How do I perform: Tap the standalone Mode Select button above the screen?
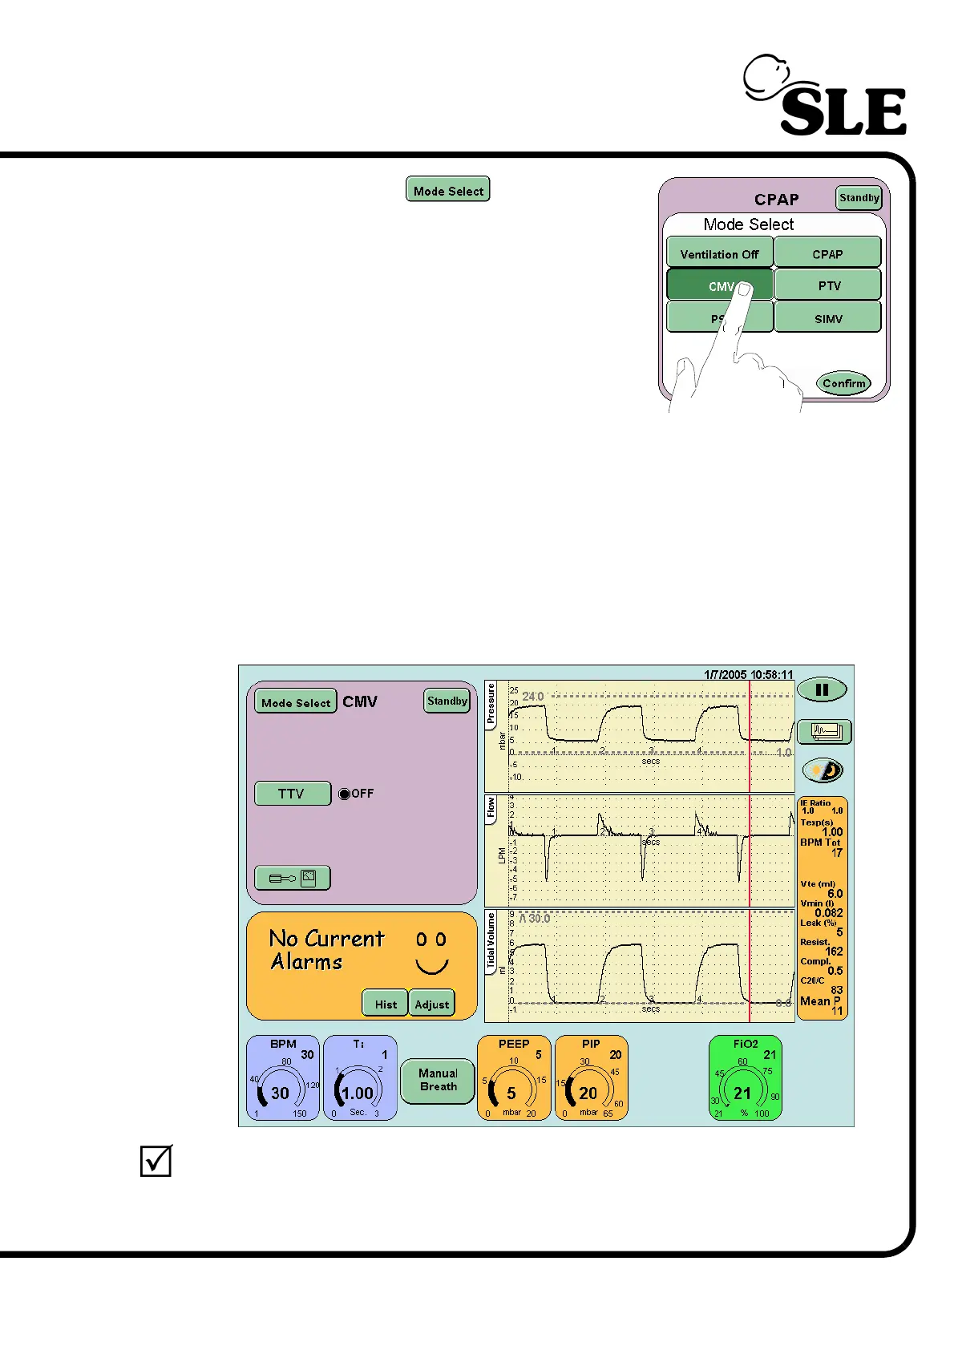(447, 190)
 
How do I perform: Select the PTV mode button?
(828, 285)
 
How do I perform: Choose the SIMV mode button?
(828, 318)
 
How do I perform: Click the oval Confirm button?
(843, 383)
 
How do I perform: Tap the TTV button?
(292, 794)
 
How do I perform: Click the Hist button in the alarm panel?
(386, 1004)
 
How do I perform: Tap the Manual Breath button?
(438, 1080)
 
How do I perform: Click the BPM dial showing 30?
(282, 1079)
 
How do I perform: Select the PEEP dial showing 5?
(514, 1079)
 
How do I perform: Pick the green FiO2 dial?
(745, 1079)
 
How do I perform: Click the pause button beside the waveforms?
(822, 689)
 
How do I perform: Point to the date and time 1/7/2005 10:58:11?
(748, 675)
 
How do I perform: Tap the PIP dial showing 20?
(591, 1079)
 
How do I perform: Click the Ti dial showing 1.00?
(359, 1079)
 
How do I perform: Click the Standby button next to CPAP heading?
(859, 198)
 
